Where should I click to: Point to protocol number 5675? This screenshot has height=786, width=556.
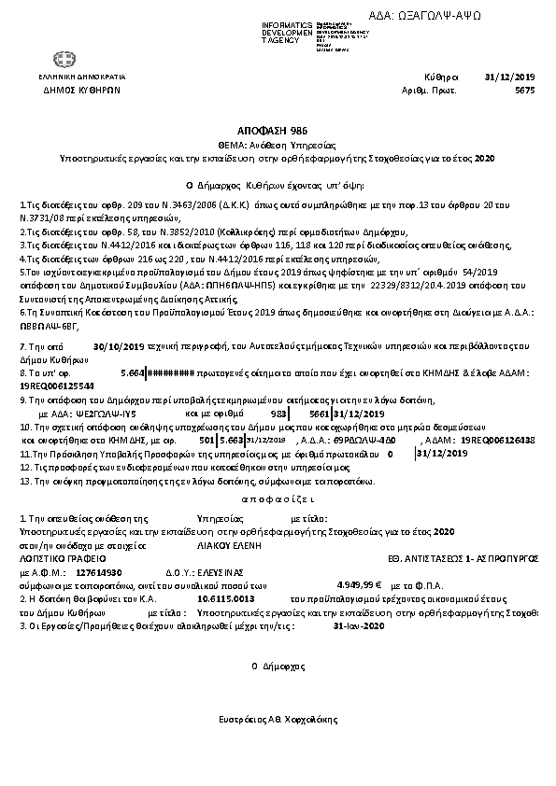pyautogui.click(x=525, y=91)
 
